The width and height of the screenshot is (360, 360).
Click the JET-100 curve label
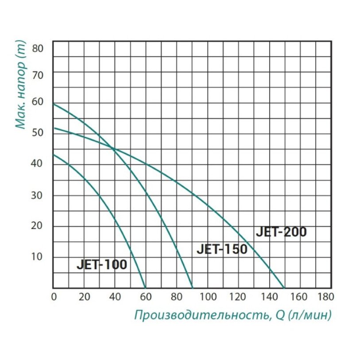tap(102, 265)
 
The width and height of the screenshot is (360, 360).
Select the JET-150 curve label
tap(222, 249)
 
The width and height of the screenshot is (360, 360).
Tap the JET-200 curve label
tap(281, 232)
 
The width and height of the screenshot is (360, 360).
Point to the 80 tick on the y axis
tap(38, 48)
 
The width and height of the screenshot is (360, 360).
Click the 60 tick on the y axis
tap(38, 101)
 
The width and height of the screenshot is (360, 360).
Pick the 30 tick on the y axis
tap(38, 195)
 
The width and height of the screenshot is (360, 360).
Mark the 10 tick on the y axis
tap(38, 257)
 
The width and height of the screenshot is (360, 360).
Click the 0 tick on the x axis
tap(53, 296)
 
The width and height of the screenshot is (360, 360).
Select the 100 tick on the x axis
tap(209, 296)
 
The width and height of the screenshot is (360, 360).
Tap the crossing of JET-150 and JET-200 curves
tap(114, 149)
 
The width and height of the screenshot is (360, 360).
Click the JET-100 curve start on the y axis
tap(53, 154)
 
